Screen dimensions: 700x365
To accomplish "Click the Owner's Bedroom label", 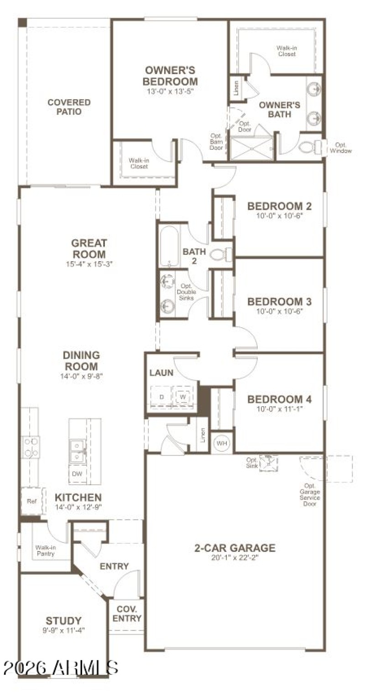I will click(x=170, y=76).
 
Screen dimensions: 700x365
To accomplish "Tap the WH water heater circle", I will click(x=222, y=443).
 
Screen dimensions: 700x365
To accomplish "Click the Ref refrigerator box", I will click(x=32, y=501).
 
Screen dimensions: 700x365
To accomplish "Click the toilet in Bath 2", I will click(x=221, y=254).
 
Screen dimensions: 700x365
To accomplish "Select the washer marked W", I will click(x=182, y=396).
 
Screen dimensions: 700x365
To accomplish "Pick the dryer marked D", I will click(x=161, y=396).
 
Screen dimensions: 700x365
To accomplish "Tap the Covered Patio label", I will click(x=69, y=106).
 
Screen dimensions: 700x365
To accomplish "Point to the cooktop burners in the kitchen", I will click(x=31, y=447).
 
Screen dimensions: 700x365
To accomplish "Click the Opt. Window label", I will click(x=341, y=148).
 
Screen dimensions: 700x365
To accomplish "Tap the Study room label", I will click(x=63, y=620).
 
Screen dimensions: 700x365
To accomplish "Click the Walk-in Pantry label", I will click(x=45, y=550).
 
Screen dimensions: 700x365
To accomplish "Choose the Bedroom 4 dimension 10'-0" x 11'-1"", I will click(x=279, y=409).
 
